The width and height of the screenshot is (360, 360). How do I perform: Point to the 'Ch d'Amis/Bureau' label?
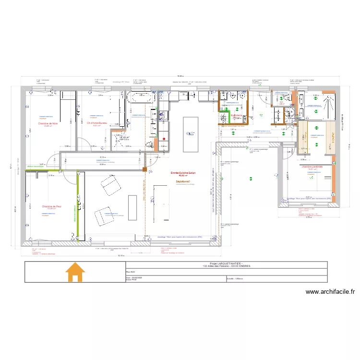tap(97, 123)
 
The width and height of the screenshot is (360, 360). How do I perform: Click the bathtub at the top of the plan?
tap(141, 98)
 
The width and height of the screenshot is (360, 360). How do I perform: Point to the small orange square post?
tap(144, 168)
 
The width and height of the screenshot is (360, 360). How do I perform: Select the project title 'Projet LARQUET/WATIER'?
tap(224, 264)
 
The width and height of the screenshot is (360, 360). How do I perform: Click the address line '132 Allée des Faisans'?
tap(224, 266)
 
